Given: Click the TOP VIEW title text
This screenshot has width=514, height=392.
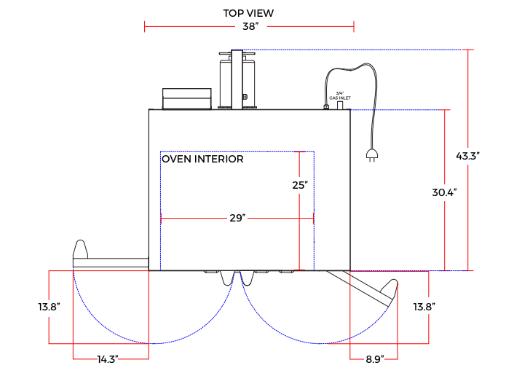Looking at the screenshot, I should coord(248,13).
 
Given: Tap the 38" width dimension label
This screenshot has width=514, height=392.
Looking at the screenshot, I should coord(250,27).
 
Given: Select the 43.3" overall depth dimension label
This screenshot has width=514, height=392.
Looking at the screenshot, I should coord(467,156).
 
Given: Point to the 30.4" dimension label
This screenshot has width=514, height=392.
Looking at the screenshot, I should coord(443,192).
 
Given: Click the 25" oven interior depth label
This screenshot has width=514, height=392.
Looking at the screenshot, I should coord(299,185).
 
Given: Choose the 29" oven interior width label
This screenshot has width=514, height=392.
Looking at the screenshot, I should coord(237,218).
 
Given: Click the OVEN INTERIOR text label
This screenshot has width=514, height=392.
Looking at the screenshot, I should coord(202,159).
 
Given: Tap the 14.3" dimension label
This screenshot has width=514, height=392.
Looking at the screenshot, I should coord(107,358).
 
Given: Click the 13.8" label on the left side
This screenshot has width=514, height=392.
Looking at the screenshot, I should coord(49,307).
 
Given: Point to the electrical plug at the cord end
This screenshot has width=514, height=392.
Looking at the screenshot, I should coord(371,154).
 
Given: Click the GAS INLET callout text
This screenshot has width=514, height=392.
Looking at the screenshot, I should coord(339,95).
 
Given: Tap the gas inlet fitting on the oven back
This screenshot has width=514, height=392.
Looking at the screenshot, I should coord(340,105).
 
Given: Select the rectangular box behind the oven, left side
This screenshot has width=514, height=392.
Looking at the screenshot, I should coord(187,98).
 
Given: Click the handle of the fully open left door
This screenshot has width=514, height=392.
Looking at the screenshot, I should coord(81,248).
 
